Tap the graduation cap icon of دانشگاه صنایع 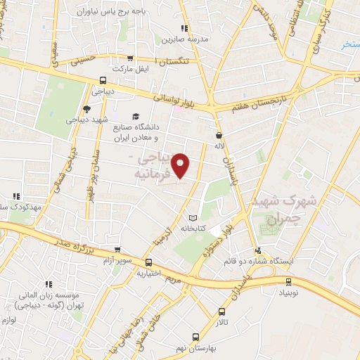tap(134, 116)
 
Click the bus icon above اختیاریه tap(148, 262)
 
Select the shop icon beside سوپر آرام tap(118, 250)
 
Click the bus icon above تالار tap(222, 311)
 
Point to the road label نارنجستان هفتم tap(250, 108)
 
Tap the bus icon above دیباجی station tap(103, 79)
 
